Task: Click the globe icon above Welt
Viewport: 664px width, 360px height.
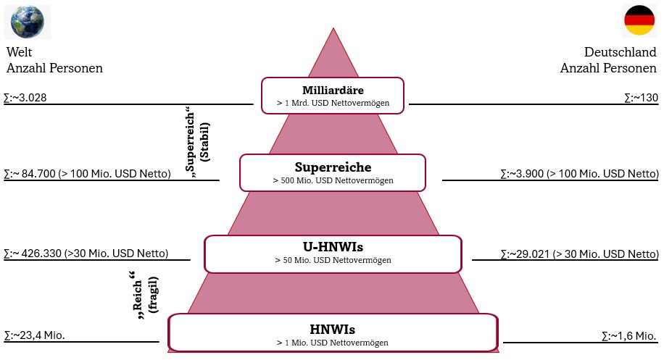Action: pos(28,21)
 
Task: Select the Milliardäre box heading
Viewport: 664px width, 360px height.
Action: pos(333,91)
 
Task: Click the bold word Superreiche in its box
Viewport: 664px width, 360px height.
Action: pos(333,167)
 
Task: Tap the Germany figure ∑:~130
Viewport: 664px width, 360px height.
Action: pos(641,97)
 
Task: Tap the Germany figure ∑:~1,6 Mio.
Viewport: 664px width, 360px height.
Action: pos(629,335)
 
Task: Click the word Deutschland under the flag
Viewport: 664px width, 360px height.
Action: pos(621,53)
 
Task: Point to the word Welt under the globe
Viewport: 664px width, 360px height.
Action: pos(20,53)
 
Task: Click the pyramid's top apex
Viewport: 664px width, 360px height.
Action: pos(333,30)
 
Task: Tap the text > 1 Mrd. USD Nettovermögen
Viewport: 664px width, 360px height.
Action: pos(333,104)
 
